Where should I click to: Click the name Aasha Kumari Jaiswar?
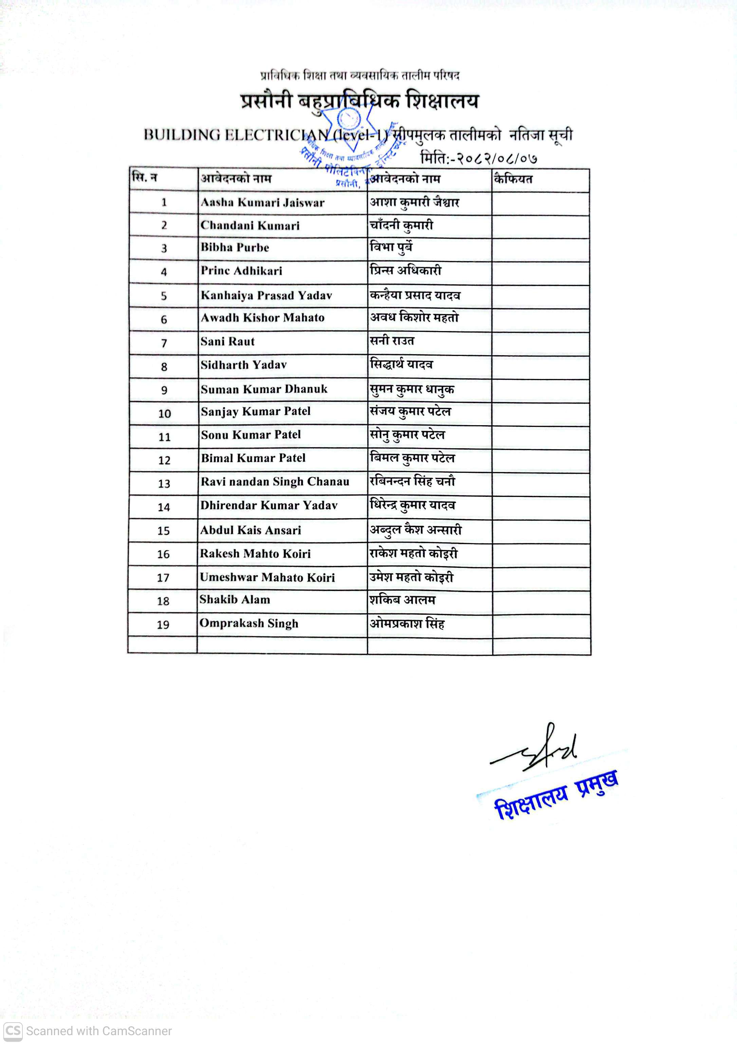(x=262, y=202)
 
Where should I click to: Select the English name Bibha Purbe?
(x=235, y=248)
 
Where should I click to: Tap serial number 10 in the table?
(x=164, y=414)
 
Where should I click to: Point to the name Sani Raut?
(x=227, y=341)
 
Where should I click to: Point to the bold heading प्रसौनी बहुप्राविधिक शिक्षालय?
(x=360, y=101)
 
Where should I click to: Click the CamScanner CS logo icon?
(x=13, y=1030)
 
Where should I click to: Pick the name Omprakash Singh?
(x=249, y=624)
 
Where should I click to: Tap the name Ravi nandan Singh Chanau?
(x=275, y=482)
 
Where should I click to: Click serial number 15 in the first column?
(x=163, y=531)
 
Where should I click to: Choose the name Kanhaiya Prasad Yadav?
(x=266, y=295)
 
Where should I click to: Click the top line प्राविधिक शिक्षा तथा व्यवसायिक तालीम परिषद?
(x=360, y=75)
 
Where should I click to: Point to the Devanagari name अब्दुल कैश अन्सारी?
(x=416, y=530)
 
